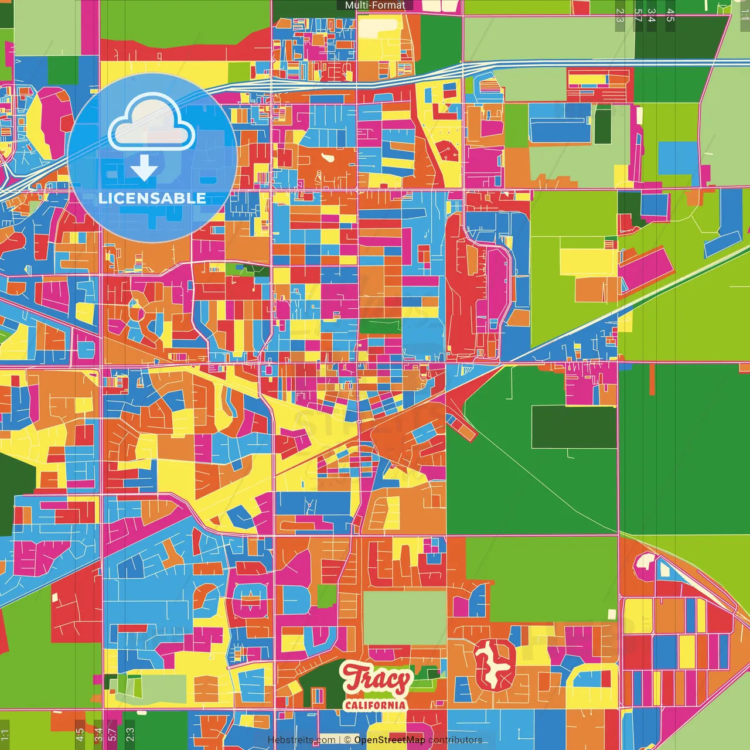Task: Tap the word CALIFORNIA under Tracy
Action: point(375,704)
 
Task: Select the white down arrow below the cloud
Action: point(144,168)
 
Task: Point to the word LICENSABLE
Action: point(152,198)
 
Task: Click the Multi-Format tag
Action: point(375,5)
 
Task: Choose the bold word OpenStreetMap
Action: point(389,740)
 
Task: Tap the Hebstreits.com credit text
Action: point(301,740)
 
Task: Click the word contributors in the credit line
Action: point(455,740)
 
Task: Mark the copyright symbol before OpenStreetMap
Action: point(347,740)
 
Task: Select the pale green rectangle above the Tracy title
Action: point(404,618)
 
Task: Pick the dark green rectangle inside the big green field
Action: point(574,427)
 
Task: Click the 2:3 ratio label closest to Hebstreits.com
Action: point(129,732)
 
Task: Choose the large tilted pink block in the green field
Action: point(645,270)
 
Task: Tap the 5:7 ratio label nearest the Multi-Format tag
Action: point(637,15)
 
